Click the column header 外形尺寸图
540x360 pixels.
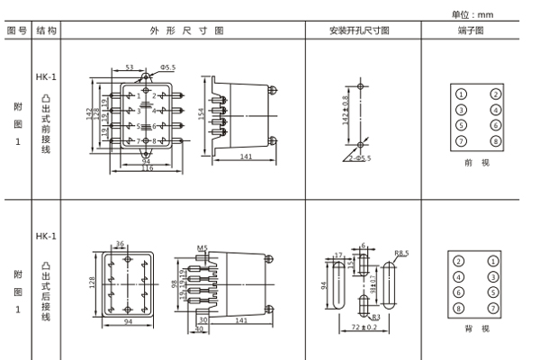[x=186, y=30]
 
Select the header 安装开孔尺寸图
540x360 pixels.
[x=359, y=30]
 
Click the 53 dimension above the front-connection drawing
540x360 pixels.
[x=129, y=67]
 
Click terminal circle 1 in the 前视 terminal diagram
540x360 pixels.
[x=461, y=94]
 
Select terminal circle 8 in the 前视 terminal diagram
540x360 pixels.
[x=495, y=141]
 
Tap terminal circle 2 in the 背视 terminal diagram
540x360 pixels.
[x=461, y=261]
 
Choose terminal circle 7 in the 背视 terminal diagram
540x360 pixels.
[x=495, y=308]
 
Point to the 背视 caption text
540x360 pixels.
[x=477, y=329]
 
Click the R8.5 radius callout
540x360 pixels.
[x=401, y=255]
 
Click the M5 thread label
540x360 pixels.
[x=202, y=247]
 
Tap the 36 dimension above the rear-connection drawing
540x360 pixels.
[x=121, y=242]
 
